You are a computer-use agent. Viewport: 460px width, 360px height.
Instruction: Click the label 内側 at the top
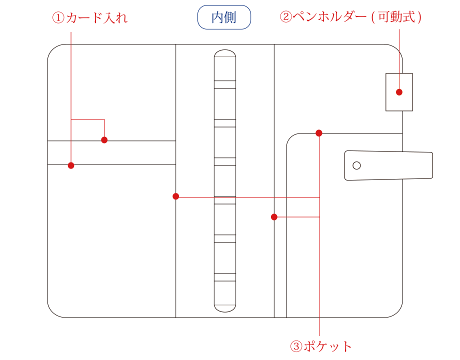[x=224, y=17]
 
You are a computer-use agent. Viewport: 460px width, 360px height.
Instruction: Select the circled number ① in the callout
[x=58, y=18]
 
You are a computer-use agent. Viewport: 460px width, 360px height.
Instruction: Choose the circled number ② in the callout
[x=285, y=17]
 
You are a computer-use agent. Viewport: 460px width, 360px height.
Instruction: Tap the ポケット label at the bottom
[x=328, y=346]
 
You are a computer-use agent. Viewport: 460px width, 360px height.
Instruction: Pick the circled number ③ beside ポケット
[x=296, y=346]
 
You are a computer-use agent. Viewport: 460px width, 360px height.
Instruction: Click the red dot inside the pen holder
[x=399, y=92]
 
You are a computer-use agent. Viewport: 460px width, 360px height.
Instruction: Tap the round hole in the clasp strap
[x=356, y=165]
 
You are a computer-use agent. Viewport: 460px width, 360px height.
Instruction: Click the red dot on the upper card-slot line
[x=104, y=140]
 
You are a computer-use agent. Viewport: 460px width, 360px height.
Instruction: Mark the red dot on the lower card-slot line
[x=71, y=165]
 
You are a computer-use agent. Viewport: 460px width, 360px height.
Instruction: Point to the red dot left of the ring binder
[x=175, y=196]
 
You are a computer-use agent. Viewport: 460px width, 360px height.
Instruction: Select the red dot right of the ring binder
[x=274, y=217]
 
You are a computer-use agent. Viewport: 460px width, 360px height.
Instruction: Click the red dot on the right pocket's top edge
[x=319, y=133]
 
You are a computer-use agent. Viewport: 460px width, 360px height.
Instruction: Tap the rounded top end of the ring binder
[x=225, y=54]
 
